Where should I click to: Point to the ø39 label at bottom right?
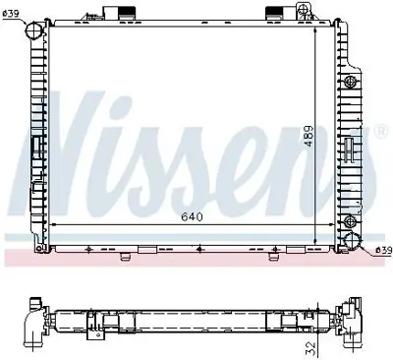382,250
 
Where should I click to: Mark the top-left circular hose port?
34,30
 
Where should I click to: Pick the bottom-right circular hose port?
351,242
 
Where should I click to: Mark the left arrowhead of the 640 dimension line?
52,226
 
